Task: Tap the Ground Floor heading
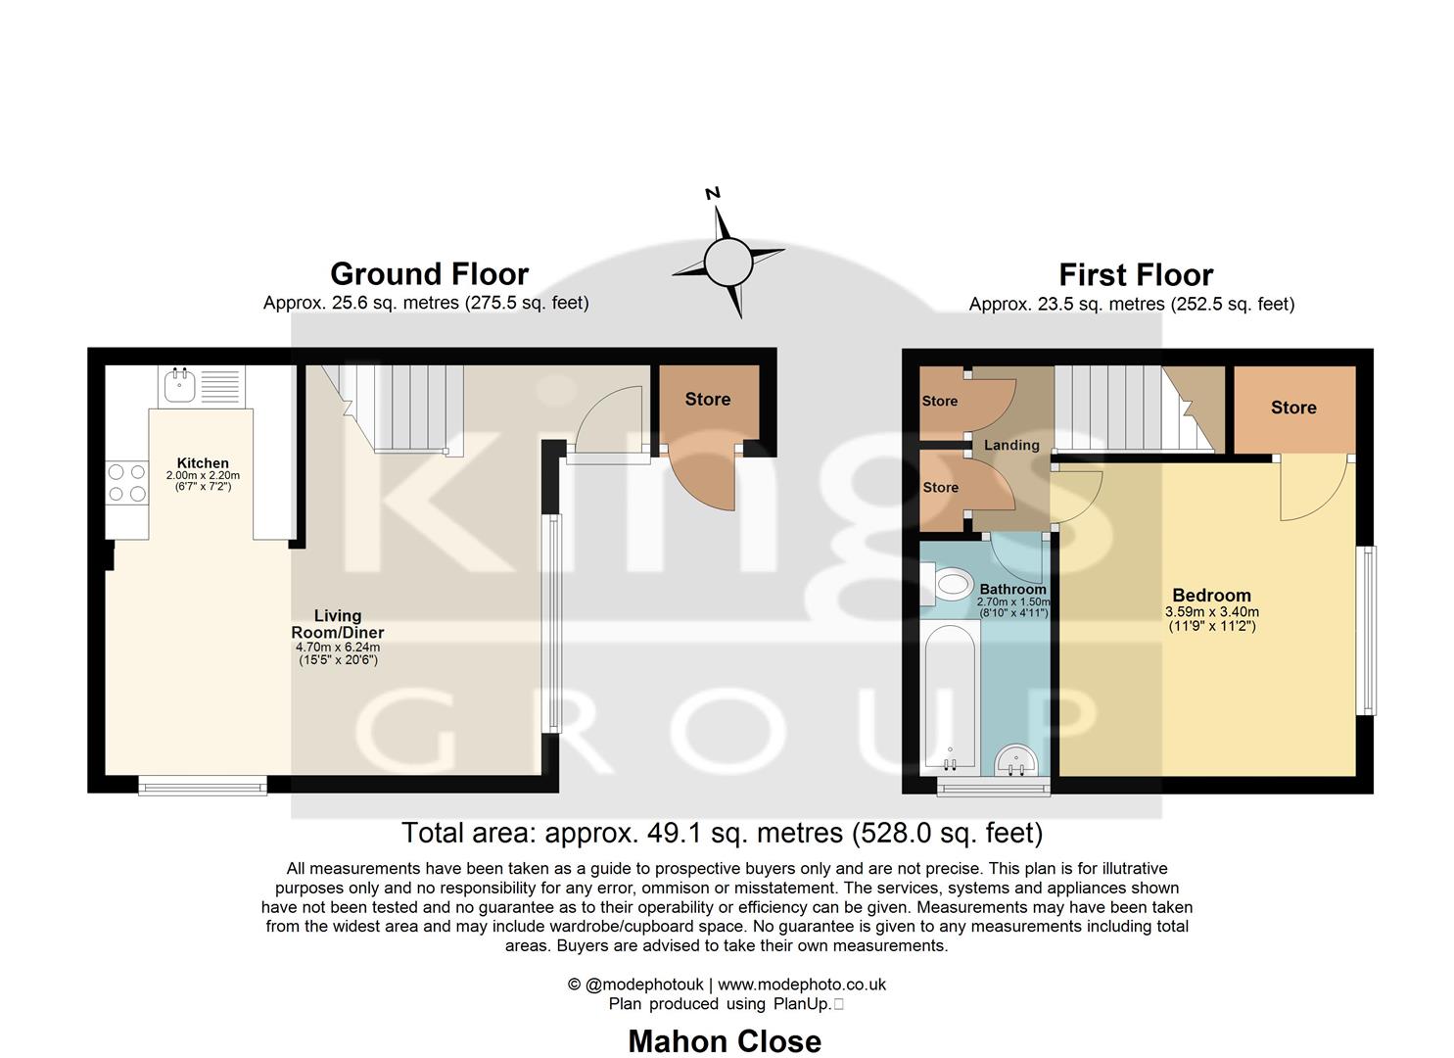(429, 274)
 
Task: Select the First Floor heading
(1135, 275)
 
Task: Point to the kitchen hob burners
(127, 482)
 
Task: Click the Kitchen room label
(203, 463)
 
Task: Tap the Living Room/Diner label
(338, 624)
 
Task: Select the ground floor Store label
(707, 399)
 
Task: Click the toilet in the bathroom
(948, 585)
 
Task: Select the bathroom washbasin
(1016, 759)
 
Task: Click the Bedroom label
(1211, 596)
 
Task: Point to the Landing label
(1011, 446)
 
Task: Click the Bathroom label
(1012, 590)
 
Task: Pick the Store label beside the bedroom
(1292, 408)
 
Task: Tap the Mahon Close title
(725, 1040)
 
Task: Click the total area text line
(722, 833)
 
